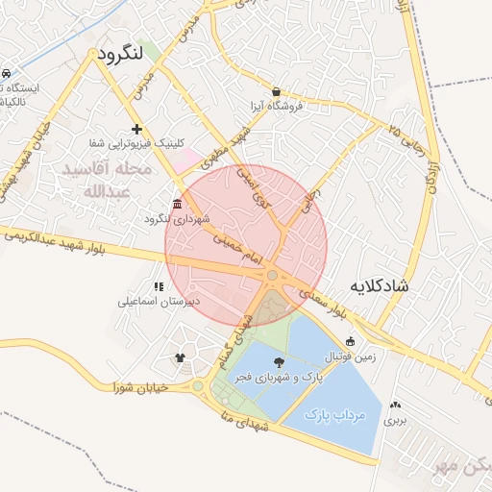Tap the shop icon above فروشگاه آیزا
[277, 91]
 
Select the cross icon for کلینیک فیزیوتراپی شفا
[136, 128]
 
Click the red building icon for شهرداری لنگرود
[177, 204]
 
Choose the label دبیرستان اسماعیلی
[158, 301]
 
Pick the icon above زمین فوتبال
[350, 341]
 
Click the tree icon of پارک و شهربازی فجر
[279, 362]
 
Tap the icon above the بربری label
[396, 406]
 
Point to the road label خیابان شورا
[140, 387]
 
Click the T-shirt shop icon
[180, 357]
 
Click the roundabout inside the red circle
[273, 277]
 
